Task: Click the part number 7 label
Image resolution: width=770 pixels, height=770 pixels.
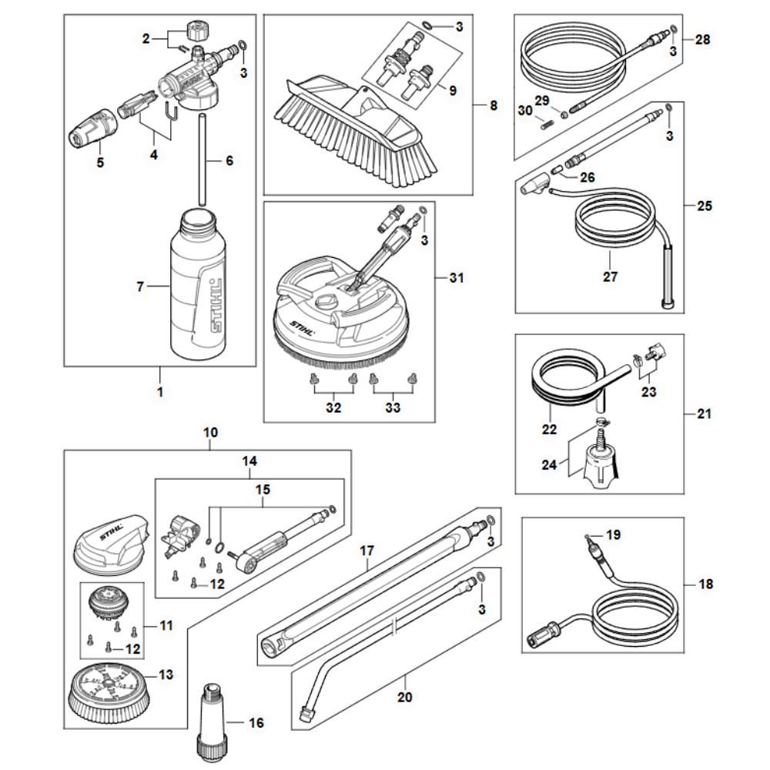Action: coord(140,287)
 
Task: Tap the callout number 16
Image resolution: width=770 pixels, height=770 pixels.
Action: coord(256,723)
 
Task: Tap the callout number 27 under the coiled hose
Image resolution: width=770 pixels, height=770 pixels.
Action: coord(611,276)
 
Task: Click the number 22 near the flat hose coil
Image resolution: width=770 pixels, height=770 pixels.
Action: coord(548,430)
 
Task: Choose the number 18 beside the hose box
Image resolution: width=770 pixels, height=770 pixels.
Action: coord(706,584)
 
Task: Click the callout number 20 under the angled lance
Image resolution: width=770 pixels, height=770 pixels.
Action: coord(405,698)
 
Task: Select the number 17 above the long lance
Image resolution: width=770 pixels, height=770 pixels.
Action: coord(367,551)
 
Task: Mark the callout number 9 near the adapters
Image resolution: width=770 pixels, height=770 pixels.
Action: coord(452,90)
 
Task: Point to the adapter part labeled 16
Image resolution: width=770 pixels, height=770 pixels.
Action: coord(212,718)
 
